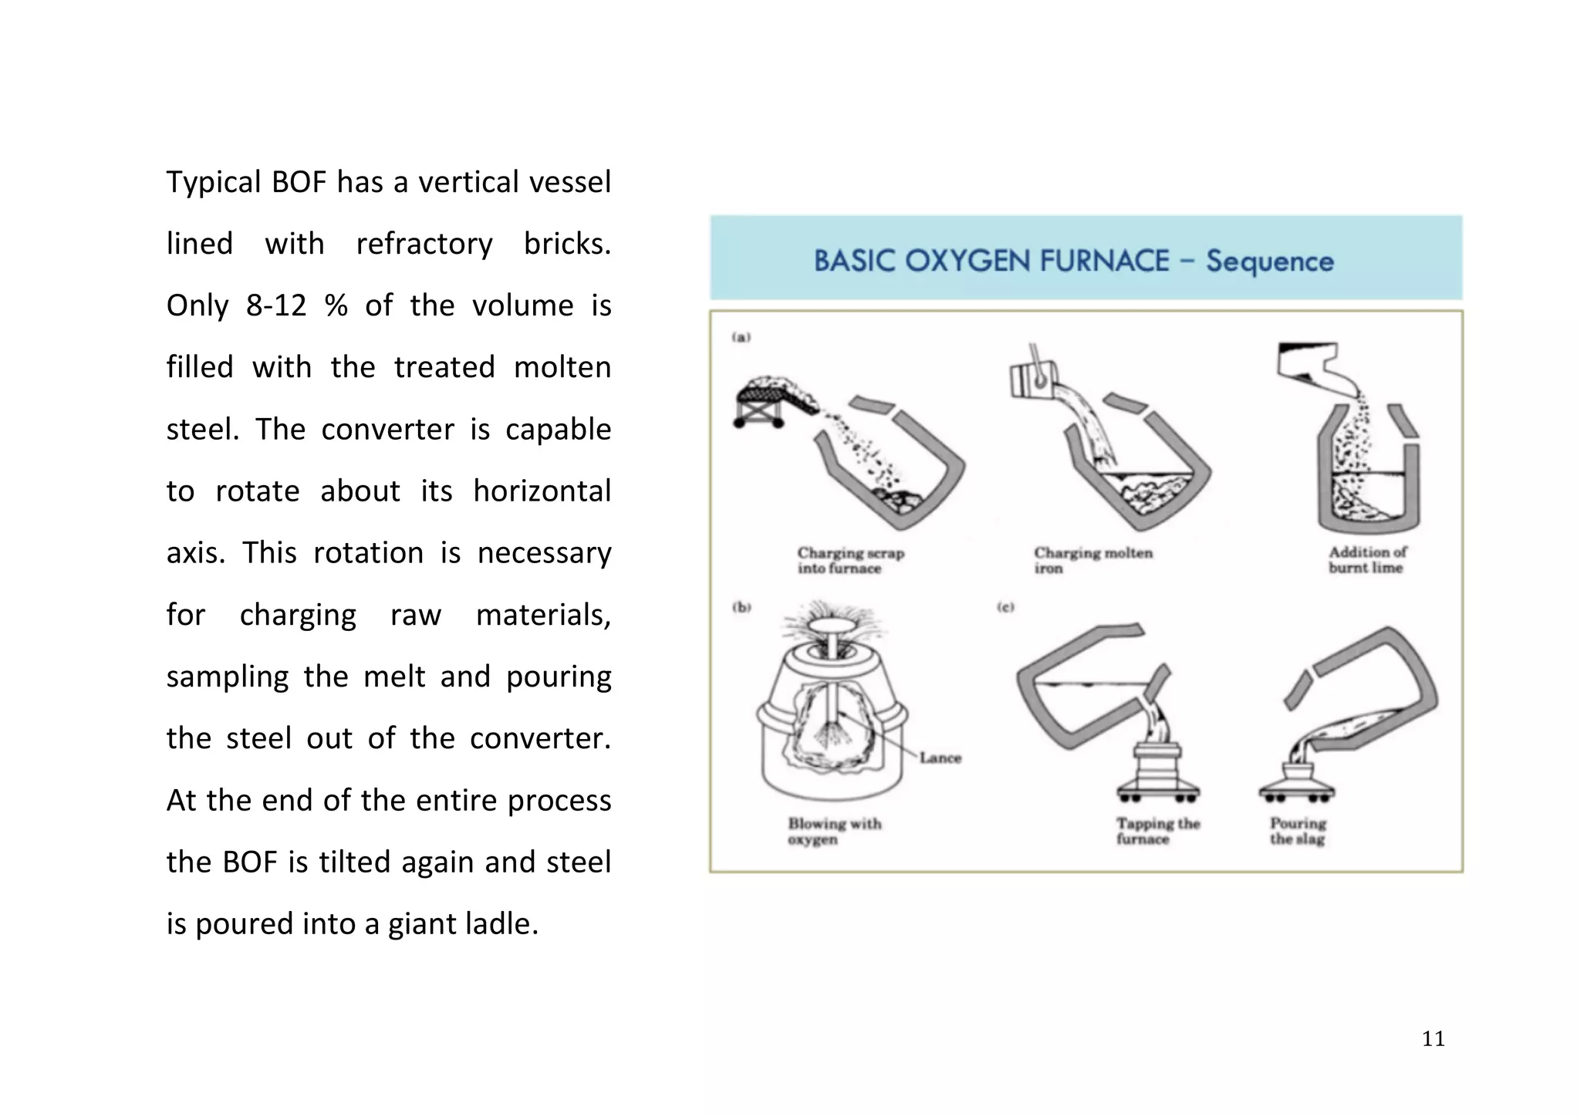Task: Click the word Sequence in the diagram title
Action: tap(1269, 261)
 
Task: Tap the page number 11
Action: tap(1433, 1039)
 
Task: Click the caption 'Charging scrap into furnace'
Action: tap(849, 561)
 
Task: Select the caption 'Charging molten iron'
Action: tap(1092, 561)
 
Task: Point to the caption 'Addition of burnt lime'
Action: tap(1366, 560)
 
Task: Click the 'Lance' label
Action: tap(940, 758)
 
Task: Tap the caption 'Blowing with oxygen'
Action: tap(834, 832)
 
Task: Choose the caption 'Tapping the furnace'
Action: tap(1157, 832)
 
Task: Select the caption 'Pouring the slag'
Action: tap(1298, 832)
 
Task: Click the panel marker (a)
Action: tap(741, 337)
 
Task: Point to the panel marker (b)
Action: tap(741, 607)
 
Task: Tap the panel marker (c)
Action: tap(1004, 607)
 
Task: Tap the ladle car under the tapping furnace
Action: tap(1157, 771)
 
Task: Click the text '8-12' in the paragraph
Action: tap(275, 306)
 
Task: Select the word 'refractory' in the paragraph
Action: tap(424, 245)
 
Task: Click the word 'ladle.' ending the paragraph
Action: tap(501, 924)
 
